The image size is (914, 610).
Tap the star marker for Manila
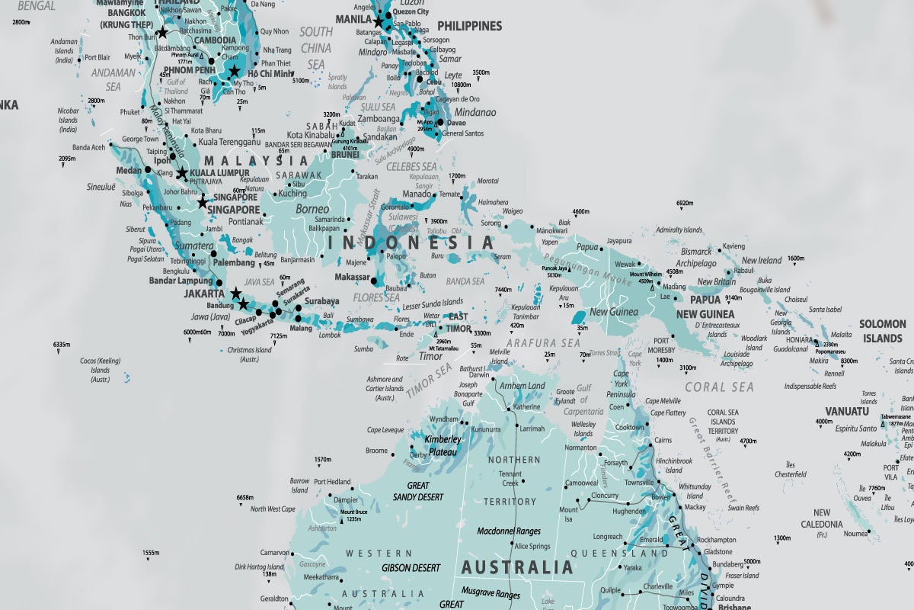point(378,22)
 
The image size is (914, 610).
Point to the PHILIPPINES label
point(469,26)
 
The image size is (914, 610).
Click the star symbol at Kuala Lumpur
point(182,173)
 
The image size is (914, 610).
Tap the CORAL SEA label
point(719,387)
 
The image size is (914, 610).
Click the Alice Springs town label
point(532,547)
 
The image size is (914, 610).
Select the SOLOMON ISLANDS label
point(882,331)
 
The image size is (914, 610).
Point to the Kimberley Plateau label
point(443,445)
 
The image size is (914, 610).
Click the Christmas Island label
point(249,355)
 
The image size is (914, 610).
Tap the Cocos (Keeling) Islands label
point(100,369)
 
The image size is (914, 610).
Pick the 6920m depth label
point(685,204)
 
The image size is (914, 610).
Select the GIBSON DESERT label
point(411,568)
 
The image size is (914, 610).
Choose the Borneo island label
point(312,209)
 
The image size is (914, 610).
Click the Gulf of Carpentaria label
point(583,400)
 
